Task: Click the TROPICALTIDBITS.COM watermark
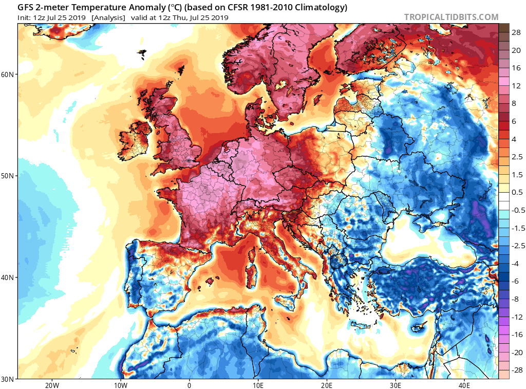click(451, 17)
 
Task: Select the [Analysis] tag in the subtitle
click(108, 17)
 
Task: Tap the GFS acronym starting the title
click(26, 8)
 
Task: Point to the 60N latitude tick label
click(8, 75)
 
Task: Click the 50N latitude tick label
click(8, 176)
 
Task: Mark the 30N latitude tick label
click(8, 379)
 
